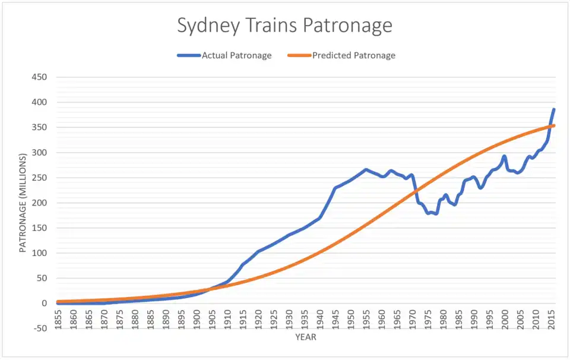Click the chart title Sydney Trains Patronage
point(284,26)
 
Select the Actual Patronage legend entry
point(236,55)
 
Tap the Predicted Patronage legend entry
point(353,55)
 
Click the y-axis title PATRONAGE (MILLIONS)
point(23,203)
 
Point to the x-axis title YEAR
point(305,337)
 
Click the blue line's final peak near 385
point(554,109)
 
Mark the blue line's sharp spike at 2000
point(504,156)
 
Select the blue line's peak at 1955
point(366,170)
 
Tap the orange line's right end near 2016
point(554,125)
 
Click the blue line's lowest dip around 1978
point(436,214)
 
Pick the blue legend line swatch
point(188,55)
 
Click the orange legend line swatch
point(299,55)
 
